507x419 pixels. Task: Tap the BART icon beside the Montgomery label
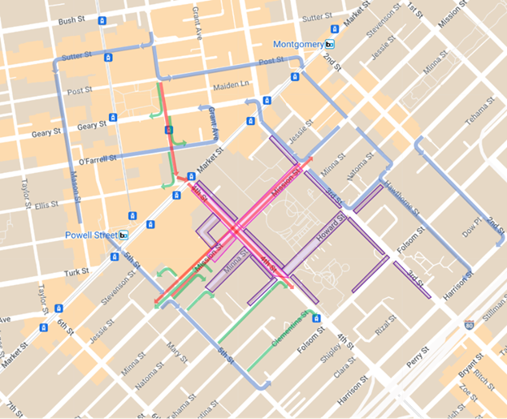330,45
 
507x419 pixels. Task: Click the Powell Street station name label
90,235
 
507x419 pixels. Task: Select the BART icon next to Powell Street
123,235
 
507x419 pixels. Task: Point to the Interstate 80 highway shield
469,325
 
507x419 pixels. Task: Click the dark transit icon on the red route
168,130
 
